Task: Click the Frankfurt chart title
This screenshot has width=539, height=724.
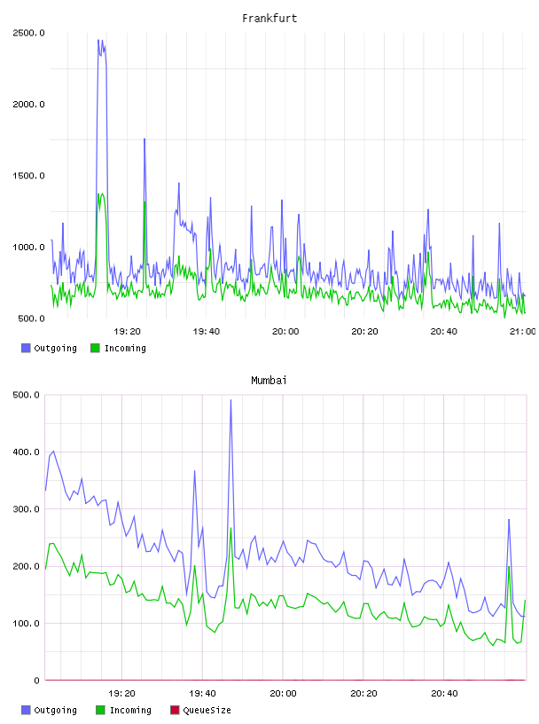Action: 269,19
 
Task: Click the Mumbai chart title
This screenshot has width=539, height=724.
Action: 269,381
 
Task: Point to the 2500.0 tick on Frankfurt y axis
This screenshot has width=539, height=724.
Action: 28,33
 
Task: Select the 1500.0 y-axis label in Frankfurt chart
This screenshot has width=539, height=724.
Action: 28,176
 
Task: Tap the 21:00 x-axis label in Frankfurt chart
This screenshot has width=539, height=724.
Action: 523,331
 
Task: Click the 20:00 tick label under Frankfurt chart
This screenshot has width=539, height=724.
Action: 285,331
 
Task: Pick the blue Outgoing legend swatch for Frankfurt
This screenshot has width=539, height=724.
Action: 26,348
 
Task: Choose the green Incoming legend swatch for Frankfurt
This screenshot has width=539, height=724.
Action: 95,348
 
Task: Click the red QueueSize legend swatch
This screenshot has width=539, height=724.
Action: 175,710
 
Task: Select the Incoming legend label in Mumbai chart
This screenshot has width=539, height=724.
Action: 130,710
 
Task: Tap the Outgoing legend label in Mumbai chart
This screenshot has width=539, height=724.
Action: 55,710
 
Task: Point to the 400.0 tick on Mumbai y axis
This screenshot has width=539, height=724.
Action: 27,452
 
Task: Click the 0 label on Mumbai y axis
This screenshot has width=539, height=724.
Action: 37,681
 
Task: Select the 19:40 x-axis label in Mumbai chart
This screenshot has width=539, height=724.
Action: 202,693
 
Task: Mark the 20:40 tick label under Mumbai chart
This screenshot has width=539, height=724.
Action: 444,693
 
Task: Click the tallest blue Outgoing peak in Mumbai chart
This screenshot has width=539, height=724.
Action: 230,400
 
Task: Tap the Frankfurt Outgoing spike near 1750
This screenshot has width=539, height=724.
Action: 145,139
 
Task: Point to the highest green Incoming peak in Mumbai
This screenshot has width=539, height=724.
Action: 230,528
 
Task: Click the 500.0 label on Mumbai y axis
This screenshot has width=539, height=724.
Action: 27,395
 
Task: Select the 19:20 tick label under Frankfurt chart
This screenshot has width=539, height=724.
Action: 127,331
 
